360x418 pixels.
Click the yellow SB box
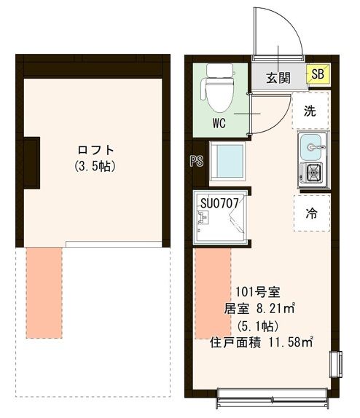tap(318, 74)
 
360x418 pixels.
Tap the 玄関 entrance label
tap(278, 76)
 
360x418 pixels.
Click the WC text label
tap(220, 123)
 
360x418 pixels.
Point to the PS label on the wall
tap(195, 162)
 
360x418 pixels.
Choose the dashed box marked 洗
tap(310, 111)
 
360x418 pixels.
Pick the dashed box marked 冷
tap(311, 213)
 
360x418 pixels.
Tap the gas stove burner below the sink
tap(313, 173)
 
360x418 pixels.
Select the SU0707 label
tap(220, 203)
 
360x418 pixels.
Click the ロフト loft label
tap(96, 150)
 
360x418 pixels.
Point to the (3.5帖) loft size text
tap(95, 166)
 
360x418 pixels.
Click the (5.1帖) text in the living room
tap(257, 324)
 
